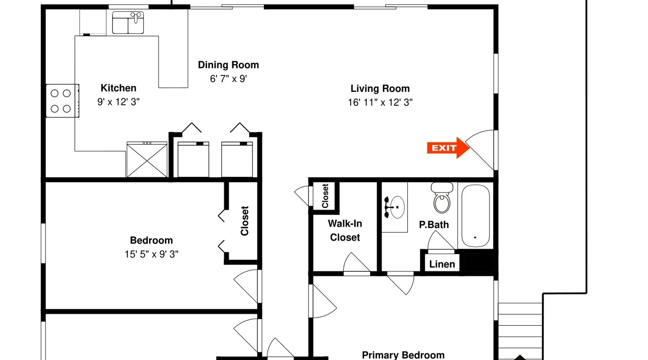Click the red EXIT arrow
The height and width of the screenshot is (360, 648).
(x=448, y=148)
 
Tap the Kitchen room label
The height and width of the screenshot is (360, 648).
(x=118, y=88)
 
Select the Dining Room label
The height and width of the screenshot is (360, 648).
(x=228, y=65)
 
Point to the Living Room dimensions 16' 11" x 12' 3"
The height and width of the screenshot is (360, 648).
(x=380, y=103)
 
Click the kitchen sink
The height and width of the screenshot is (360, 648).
(x=128, y=23)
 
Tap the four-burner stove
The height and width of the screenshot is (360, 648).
(x=62, y=101)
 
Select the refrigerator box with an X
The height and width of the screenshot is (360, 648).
(x=147, y=159)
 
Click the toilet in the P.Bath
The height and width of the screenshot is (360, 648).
(x=442, y=198)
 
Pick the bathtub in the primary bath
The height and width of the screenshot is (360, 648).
(x=476, y=216)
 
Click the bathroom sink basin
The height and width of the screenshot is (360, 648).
(x=397, y=207)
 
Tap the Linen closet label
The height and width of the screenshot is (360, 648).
(x=442, y=264)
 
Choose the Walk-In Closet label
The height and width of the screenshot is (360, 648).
(x=345, y=230)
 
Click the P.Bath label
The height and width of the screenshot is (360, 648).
(x=434, y=225)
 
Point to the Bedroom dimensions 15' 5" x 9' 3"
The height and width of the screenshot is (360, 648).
(x=152, y=254)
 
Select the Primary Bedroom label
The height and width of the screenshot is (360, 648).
(x=403, y=355)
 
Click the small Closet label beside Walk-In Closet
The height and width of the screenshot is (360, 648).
(x=325, y=196)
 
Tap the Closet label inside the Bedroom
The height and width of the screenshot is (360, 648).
(x=245, y=221)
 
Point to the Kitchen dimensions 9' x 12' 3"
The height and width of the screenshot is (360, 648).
(x=118, y=102)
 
